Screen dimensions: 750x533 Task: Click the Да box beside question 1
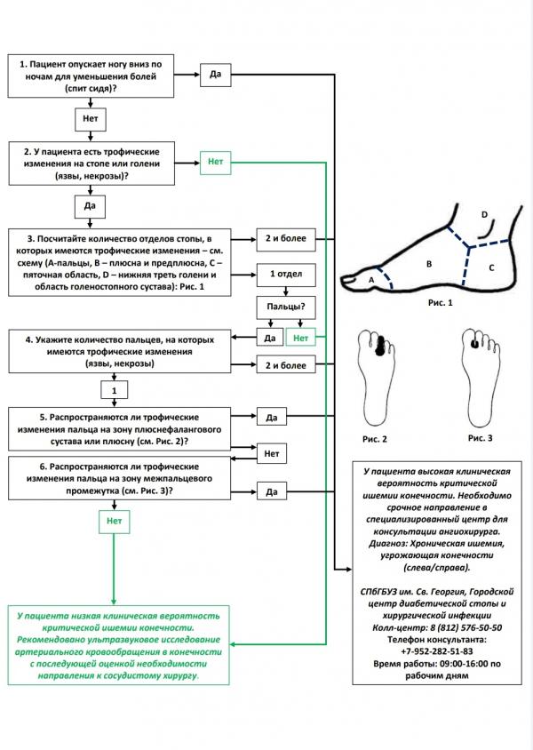(215, 74)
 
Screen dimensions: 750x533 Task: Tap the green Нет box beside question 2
(215, 162)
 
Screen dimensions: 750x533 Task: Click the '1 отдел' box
(283, 275)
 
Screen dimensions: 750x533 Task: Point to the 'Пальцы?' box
(284, 307)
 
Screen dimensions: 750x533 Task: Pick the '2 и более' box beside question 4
(283, 365)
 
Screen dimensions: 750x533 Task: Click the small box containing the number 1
(114, 389)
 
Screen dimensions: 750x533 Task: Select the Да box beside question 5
(272, 416)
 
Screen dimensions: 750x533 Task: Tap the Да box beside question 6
(272, 491)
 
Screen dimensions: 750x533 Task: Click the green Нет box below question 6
(113, 522)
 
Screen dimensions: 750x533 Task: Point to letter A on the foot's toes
(371, 280)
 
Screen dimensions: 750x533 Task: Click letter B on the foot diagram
(428, 264)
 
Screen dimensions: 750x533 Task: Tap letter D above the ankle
(484, 215)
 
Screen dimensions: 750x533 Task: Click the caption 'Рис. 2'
(374, 439)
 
